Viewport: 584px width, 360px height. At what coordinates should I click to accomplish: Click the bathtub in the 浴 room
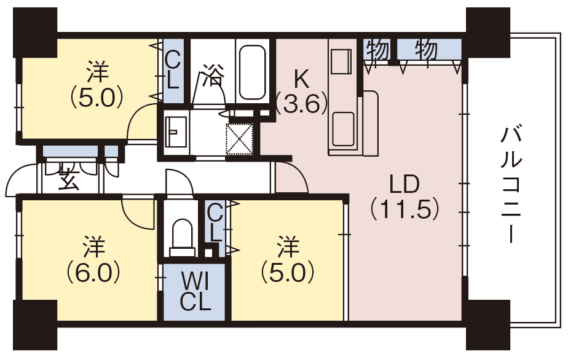[x=253, y=72]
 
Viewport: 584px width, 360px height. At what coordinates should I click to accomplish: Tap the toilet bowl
[x=182, y=237]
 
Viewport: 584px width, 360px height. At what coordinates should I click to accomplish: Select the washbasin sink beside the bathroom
[x=175, y=132]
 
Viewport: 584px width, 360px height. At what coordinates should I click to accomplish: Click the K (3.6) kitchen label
[x=302, y=92]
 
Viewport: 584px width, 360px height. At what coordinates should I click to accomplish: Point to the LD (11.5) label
[x=405, y=197]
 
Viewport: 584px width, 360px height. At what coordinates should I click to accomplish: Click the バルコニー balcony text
[x=511, y=185]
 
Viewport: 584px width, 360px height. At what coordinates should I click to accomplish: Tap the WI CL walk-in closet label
[x=195, y=291]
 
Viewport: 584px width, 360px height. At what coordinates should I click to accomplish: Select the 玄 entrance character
[x=69, y=176]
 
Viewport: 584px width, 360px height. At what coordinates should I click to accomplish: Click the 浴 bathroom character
[x=213, y=75]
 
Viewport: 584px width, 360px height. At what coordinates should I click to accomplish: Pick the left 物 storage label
[x=377, y=49]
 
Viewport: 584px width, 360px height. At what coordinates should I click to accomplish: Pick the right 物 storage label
[x=426, y=49]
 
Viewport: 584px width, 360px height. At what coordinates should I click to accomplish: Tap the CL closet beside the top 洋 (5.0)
[x=173, y=71]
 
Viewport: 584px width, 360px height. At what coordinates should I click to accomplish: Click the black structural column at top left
[x=35, y=32]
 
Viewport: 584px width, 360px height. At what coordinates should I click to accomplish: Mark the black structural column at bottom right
[x=487, y=324]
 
